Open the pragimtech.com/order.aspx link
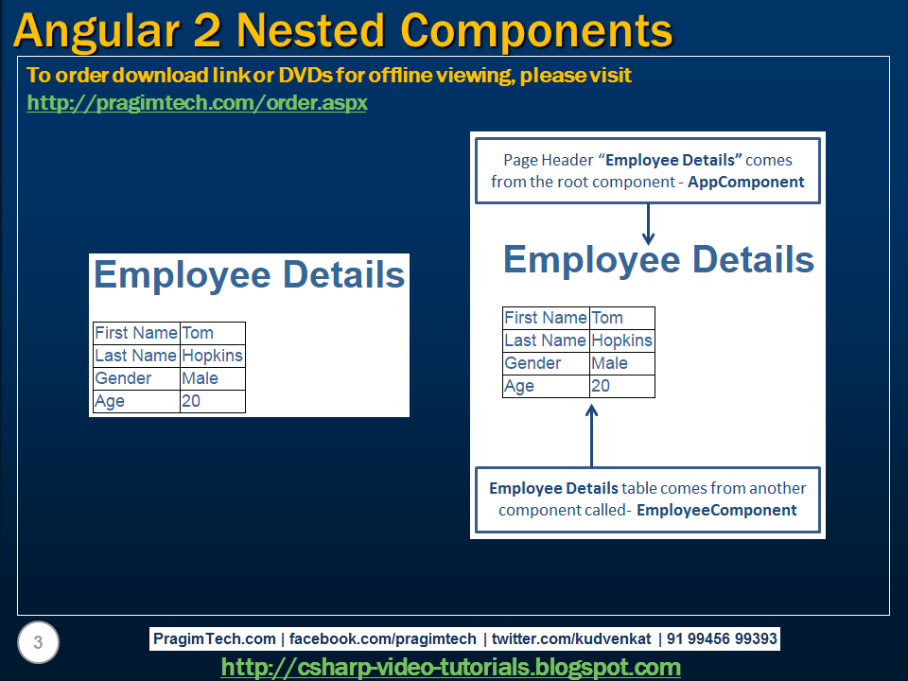point(197,102)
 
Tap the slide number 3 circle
point(38,643)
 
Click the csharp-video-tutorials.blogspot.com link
point(450,668)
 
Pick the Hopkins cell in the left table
point(212,356)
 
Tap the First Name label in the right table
point(545,318)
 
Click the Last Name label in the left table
point(135,356)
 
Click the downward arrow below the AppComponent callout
point(649,224)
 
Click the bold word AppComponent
point(746,182)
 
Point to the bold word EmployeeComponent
point(716,510)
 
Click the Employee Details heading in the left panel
point(250,275)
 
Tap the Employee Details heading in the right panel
point(658,259)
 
